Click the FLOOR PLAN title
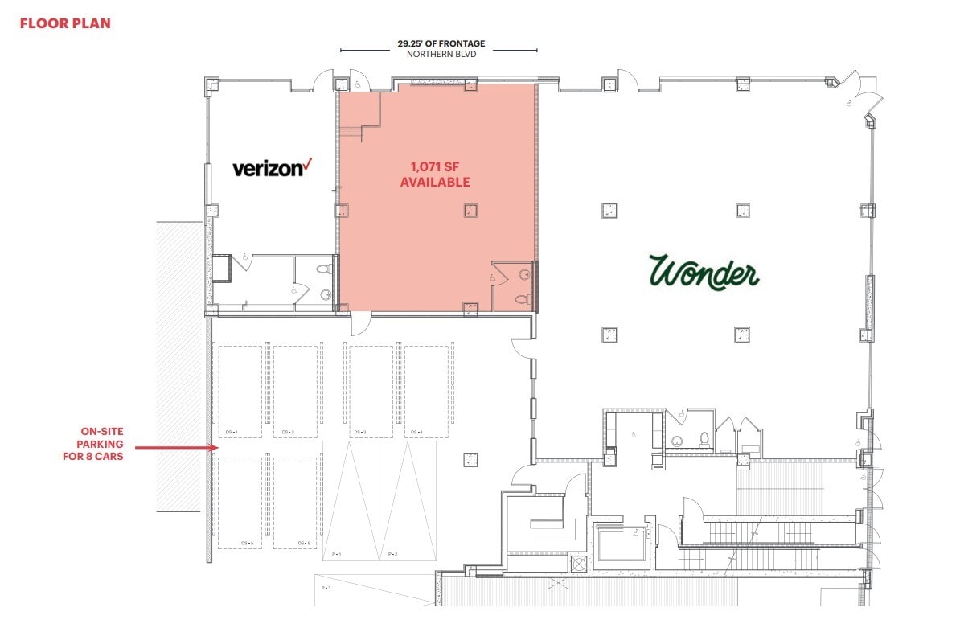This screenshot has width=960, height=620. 65,23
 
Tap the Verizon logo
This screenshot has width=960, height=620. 271,167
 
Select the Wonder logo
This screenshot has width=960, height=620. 704,272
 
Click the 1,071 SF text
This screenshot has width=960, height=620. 435,167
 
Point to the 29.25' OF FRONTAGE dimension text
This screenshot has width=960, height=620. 441,43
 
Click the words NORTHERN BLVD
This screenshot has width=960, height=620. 441,54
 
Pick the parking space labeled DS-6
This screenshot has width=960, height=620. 295,503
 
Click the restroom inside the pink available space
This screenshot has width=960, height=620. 513,286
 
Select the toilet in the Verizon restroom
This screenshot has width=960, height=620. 325,271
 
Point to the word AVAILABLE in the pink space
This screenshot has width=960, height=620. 435,183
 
